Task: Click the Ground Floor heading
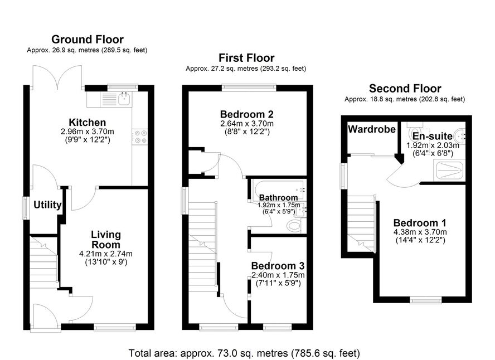[x=88, y=40]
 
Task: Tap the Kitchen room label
[x=88, y=123]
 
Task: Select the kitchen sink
[x=125, y=99]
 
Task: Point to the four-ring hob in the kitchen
[x=140, y=137]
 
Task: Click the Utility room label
[x=47, y=205]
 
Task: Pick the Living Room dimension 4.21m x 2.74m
[x=106, y=254]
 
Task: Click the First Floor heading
[x=246, y=58]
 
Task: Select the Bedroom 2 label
[x=247, y=114]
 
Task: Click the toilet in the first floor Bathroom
[x=294, y=226]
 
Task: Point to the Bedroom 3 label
[x=278, y=266]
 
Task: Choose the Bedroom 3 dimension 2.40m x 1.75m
[x=278, y=275]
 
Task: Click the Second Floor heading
[x=405, y=89]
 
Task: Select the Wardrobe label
[x=372, y=129]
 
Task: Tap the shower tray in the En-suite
[x=449, y=170]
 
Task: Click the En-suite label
[x=432, y=137]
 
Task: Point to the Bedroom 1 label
[x=420, y=223]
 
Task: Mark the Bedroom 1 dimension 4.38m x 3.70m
[x=420, y=232]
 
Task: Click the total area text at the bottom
[x=244, y=353]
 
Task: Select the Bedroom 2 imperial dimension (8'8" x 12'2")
[x=247, y=132]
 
